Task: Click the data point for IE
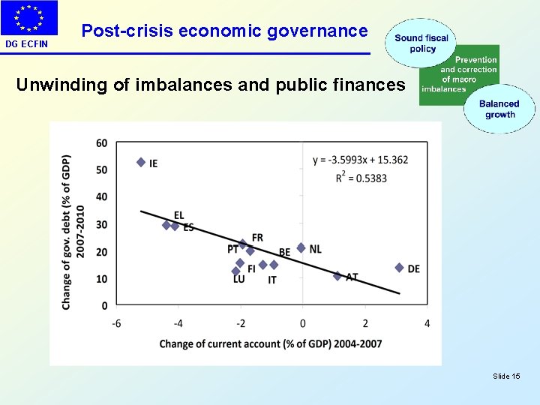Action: (x=140, y=162)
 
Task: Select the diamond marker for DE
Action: (x=399, y=268)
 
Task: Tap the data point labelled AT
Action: (x=337, y=276)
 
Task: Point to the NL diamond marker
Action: (x=301, y=247)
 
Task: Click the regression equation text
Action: (x=361, y=160)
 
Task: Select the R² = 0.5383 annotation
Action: (x=361, y=178)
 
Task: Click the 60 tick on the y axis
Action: (x=102, y=143)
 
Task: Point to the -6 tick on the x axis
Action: (x=117, y=322)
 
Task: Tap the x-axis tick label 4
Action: (x=427, y=322)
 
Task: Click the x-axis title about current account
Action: (x=271, y=343)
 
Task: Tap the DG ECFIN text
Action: (x=26, y=44)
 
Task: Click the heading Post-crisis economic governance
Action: (x=224, y=31)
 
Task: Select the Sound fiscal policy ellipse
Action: (x=421, y=43)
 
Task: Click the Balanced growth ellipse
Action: (x=499, y=109)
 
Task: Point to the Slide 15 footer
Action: (x=506, y=376)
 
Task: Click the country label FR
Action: (x=257, y=238)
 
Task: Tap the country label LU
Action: (x=238, y=280)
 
